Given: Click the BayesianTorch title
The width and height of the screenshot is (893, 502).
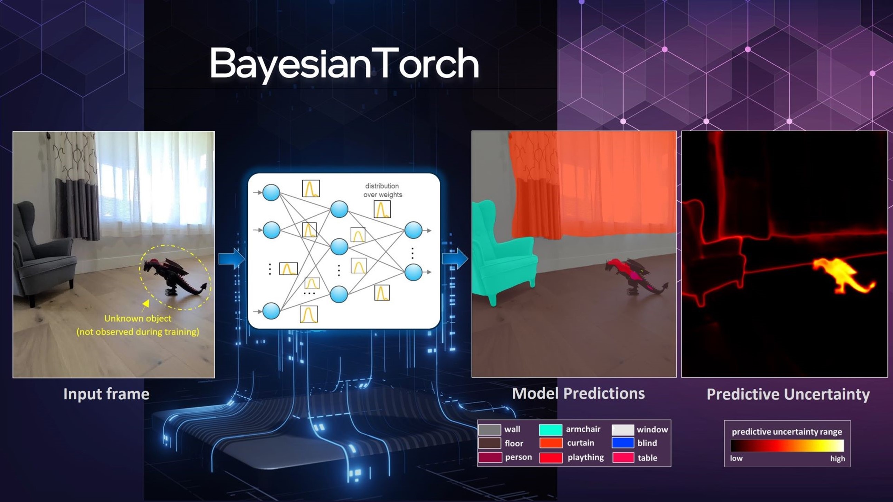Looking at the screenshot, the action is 344,64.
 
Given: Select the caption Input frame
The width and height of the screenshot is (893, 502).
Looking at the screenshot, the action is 106,394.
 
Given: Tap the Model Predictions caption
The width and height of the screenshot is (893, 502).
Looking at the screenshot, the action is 578,394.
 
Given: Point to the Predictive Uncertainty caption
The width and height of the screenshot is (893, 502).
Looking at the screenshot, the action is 788,395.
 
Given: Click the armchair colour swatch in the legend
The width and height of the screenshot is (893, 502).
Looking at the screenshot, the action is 551,430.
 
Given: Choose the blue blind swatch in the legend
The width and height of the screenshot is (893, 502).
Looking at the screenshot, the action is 623,443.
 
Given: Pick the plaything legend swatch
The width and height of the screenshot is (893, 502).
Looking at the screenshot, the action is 551,458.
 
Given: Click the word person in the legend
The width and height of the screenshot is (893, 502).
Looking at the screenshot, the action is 518,457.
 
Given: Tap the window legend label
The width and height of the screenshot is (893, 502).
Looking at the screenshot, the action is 652,429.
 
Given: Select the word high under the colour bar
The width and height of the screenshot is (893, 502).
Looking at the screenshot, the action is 837,459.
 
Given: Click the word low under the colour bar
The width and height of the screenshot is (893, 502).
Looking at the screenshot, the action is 736,458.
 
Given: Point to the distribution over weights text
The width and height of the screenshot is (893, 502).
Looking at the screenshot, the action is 383,190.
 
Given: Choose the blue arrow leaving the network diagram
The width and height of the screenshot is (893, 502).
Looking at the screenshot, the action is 455,259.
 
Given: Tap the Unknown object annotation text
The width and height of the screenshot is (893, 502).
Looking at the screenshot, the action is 138,325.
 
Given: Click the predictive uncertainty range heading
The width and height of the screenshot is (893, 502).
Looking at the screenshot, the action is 787,432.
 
